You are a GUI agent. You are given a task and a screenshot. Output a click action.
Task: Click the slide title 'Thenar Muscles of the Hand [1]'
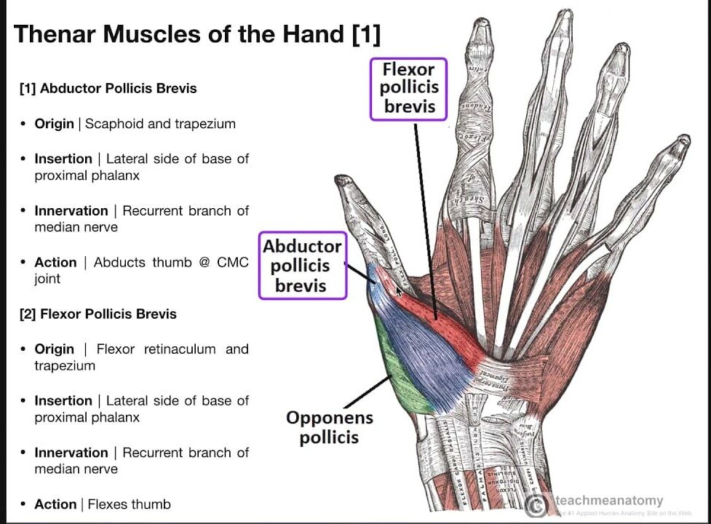pyautogui.click(x=197, y=33)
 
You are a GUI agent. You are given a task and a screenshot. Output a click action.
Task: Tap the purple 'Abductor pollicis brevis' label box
pyautogui.click(x=301, y=266)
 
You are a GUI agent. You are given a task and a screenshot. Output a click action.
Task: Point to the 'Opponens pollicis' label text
pyautogui.click(x=329, y=427)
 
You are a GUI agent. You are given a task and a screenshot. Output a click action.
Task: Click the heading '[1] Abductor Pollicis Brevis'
pyautogui.click(x=108, y=89)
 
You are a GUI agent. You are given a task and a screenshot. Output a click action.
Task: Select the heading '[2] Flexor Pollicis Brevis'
pyautogui.click(x=98, y=314)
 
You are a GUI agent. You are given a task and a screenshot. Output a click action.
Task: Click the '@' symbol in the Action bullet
pyautogui.click(x=204, y=262)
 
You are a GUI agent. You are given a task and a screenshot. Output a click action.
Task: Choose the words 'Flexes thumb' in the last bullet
pyautogui.click(x=129, y=504)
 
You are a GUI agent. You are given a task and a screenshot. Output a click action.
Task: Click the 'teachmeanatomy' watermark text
pyautogui.click(x=609, y=500)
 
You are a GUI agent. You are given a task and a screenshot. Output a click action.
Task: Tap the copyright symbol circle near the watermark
pyautogui.click(x=537, y=505)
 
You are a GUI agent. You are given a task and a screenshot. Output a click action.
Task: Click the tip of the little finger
pyautogui.click(x=682, y=140)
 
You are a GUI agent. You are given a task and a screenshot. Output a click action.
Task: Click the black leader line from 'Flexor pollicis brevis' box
pyautogui.click(x=426, y=218)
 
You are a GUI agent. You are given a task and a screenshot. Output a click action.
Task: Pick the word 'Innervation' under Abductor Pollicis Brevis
pyautogui.click(x=71, y=211)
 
